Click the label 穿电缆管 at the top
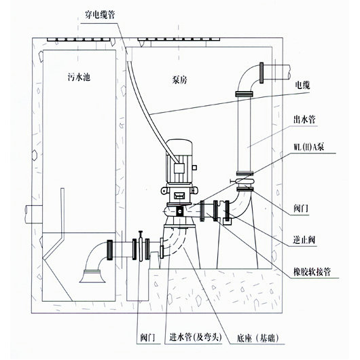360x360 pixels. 100,15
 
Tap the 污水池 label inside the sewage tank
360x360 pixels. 79,77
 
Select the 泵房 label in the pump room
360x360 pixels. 179,79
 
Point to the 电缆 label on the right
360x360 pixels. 302,85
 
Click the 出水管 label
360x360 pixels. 304,120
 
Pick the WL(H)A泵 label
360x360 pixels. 309,147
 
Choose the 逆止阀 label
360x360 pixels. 304,240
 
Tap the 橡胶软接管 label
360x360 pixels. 312,272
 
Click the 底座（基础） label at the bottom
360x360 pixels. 257,338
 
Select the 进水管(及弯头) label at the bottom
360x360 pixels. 196,338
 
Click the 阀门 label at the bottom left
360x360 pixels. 147,338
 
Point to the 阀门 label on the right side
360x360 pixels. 300,209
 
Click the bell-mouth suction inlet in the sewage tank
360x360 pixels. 92,276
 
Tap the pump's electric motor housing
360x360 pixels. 179,161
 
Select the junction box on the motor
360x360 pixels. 179,168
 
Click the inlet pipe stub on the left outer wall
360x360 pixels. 33,214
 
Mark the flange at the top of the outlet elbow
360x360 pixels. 262,73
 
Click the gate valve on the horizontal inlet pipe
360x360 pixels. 141,246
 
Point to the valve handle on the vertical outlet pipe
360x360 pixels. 234,181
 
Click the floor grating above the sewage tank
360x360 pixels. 78,39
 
